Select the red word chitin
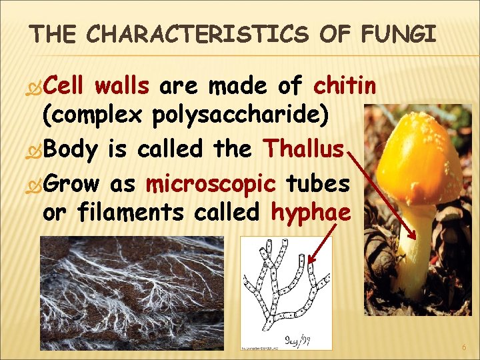pos(345,86)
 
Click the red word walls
pos(122,86)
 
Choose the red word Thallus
pos(304,148)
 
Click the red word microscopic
pos(211,182)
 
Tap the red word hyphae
pos(311,213)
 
